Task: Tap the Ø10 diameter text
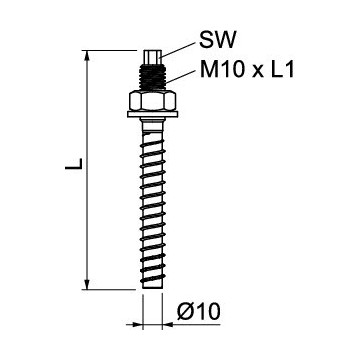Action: click(198, 313)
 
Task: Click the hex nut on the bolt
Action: click(152, 103)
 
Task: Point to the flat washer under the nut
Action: click(152, 117)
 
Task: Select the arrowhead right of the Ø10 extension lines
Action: click(169, 323)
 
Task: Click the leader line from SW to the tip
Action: click(178, 48)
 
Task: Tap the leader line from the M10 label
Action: click(180, 74)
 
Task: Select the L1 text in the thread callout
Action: click(283, 71)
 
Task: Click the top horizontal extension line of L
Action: click(110, 49)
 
